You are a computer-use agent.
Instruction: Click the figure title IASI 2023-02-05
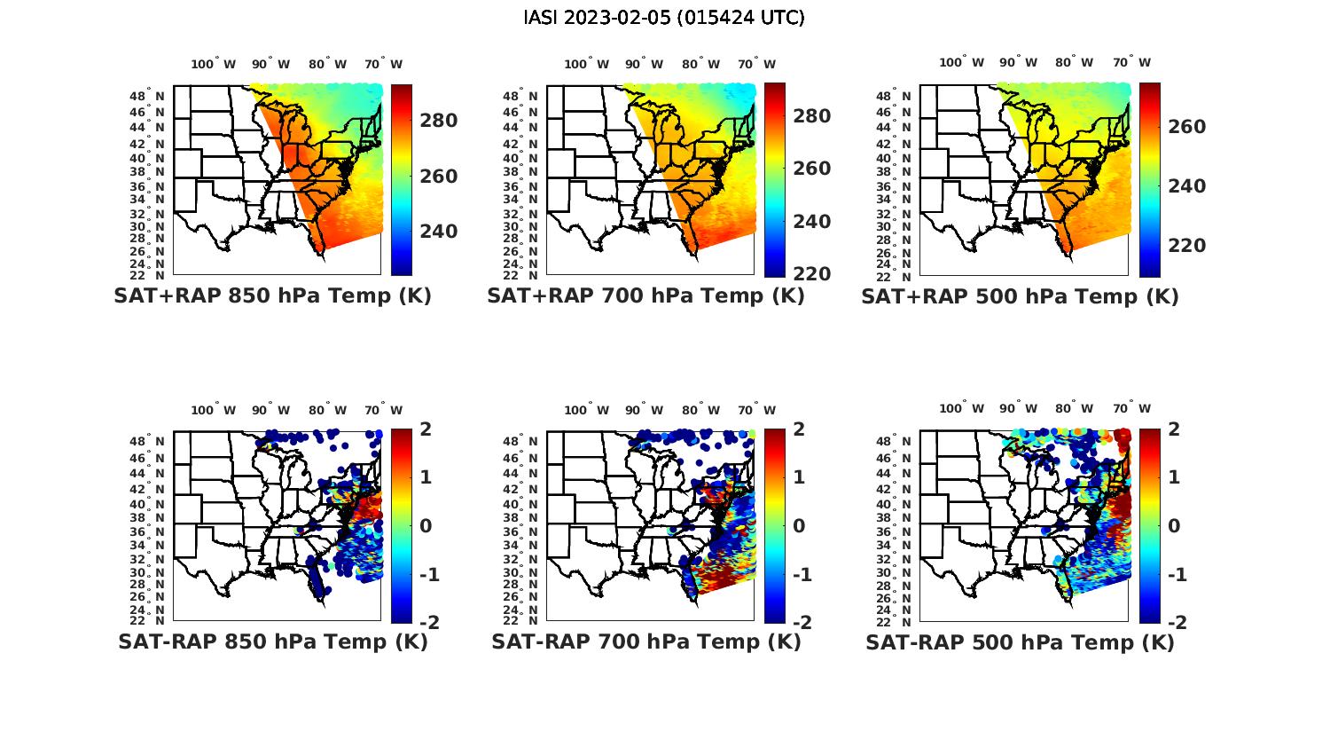(664, 18)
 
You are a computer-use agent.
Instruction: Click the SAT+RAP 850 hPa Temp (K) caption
(272, 296)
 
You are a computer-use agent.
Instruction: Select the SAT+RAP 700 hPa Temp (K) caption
(645, 296)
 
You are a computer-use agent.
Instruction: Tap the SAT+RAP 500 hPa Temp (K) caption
(1020, 296)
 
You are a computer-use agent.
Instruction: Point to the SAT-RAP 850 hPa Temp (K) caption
(273, 641)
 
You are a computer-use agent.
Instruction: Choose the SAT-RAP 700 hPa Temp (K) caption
(646, 641)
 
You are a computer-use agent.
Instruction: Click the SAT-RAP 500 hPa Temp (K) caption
(1020, 641)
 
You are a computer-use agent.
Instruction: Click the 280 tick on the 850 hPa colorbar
(438, 121)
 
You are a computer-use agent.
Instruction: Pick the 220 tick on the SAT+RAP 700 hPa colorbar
(811, 274)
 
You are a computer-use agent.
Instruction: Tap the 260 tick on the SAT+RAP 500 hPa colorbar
(1186, 127)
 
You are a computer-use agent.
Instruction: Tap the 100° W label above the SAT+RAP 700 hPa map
(586, 64)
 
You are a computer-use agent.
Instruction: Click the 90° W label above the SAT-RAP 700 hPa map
(643, 410)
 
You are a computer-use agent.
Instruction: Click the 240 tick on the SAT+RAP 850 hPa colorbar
(438, 232)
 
